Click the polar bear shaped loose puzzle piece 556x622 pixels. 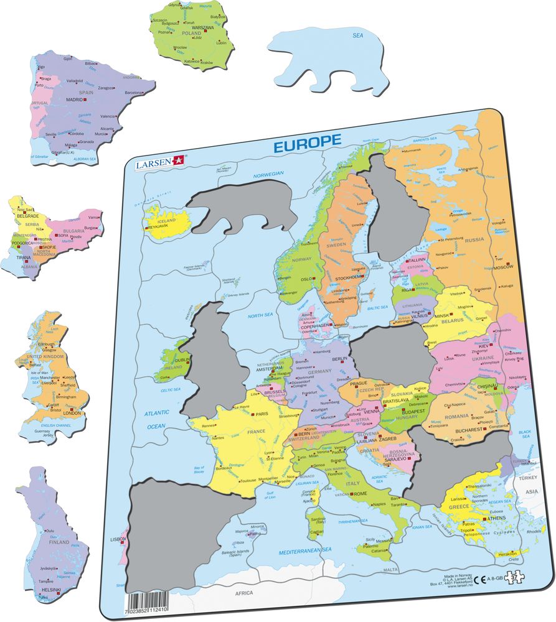pos(329,60)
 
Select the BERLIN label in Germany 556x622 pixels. pos(339,359)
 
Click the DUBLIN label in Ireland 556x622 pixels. pos(182,359)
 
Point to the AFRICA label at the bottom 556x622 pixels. pos(244,593)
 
